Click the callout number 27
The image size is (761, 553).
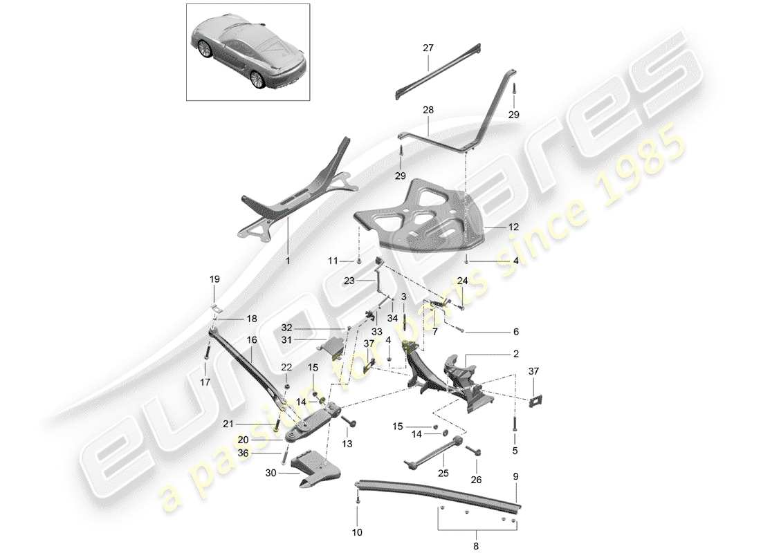(x=428, y=48)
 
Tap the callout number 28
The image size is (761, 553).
(x=428, y=110)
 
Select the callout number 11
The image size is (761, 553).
(x=333, y=261)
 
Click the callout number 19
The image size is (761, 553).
(x=214, y=279)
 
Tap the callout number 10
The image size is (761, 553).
(x=357, y=532)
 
